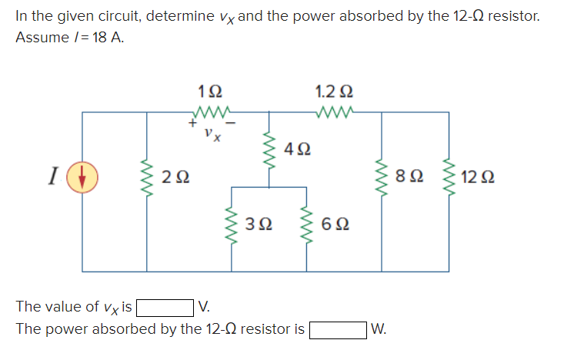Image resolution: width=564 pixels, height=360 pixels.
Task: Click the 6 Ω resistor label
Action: pos(335,225)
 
